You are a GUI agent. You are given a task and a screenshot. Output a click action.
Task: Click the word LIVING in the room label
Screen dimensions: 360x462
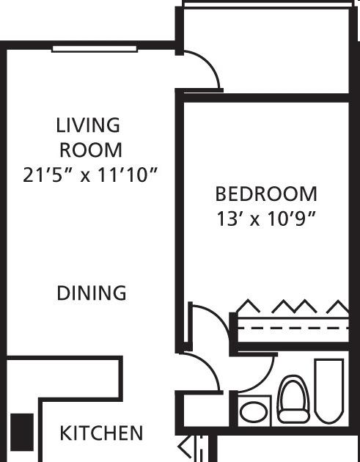click(x=88, y=125)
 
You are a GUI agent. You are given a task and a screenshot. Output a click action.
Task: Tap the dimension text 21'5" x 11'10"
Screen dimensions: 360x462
click(x=90, y=175)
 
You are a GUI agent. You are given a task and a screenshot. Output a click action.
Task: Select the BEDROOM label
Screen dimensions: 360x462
click(x=266, y=194)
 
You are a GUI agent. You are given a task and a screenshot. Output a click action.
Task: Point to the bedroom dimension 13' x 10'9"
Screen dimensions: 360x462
click(x=266, y=219)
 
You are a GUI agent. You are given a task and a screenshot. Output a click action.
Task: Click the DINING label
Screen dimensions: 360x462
click(x=92, y=293)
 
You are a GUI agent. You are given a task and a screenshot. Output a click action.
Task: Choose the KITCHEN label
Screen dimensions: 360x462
click(x=101, y=433)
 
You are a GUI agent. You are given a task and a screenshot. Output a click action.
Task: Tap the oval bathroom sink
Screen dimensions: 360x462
click(x=254, y=411)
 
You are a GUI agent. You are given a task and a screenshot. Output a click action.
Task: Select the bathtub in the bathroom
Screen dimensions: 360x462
click(x=329, y=391)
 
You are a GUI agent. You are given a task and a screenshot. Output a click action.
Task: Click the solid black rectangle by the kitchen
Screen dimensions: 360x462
click(x=22, y=432)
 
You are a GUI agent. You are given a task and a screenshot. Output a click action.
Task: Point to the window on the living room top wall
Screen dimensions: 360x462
click(x=95, y=49)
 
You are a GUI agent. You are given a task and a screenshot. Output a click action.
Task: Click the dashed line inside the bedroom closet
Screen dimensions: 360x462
click(x=293, y=328)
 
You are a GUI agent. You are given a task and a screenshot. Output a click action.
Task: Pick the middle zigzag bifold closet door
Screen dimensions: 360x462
click(x=294, y=307)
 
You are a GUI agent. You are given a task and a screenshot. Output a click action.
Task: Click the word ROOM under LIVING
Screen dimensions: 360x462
click(x=91, y=150)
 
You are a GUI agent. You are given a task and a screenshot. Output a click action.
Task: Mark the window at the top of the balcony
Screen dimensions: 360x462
click(x=268, y=4)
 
